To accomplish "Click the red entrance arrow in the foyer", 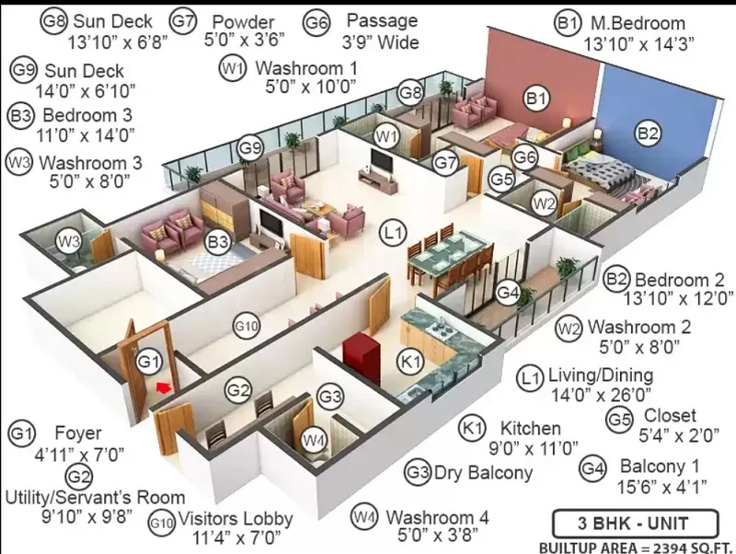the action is click(x=163, y=387).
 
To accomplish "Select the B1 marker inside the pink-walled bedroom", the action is click(x=536, y=98).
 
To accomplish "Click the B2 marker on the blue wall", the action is click(x=648, y=133).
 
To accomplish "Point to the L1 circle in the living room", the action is click(x=393, y=233).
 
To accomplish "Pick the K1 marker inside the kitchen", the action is click(x=410, y=362).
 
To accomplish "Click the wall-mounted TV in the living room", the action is click(x=381, y=161).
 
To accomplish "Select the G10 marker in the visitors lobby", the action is click(x=247, y=326).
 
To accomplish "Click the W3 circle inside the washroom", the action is click(x=68, y=242).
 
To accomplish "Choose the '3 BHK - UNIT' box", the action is click(x=635, y=523).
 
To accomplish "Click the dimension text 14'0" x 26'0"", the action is click(x=602, y=396).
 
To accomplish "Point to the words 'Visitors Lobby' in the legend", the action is click(x=236, y=519).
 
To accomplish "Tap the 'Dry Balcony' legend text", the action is click(x=484, y=472).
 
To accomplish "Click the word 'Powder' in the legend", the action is click(x=243, y=21).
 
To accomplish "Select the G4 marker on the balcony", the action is click(x=508, y=292).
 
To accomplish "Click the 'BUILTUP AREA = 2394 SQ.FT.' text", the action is click(x=636, y=548).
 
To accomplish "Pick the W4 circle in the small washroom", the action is click(x=314, y=441).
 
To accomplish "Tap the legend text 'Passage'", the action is click(x=382, y=20).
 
